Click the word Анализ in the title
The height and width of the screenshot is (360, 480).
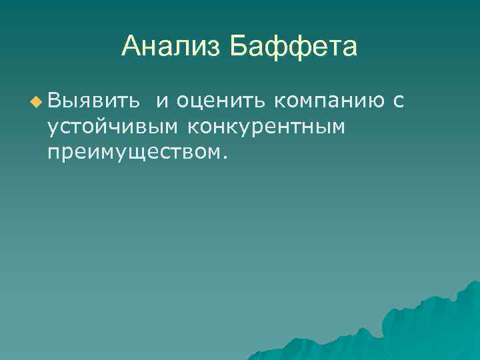click(172, 47)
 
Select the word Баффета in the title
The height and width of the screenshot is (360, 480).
click(293, 47)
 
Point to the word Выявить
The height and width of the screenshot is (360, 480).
click(93, 101)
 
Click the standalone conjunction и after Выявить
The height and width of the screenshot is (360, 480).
click(162, 102)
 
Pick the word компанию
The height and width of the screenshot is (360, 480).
click(329, 102)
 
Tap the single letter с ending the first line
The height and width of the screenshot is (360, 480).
click(399, 102)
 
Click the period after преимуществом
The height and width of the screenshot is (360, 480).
click(225, 158)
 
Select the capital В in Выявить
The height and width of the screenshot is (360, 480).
click(55, 101)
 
